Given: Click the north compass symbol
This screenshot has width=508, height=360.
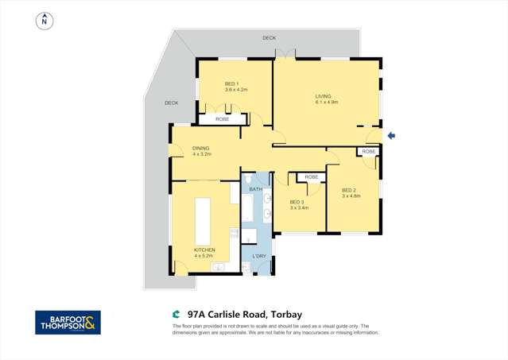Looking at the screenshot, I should click(45, 21).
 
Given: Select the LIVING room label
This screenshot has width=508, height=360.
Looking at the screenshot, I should click(323, 96).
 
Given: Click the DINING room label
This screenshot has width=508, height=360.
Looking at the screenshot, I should click(200, 148).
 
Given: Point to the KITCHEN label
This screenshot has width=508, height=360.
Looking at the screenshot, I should click(204, 250).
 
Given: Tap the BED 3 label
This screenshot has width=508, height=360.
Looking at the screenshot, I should click(297, 202).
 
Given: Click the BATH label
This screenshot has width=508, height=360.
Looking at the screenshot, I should click(255, 189).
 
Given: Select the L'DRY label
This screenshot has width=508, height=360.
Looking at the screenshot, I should click(258, 256).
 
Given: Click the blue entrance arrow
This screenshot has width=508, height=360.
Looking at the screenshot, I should click(391, 136).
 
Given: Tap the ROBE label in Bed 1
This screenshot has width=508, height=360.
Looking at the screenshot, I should click(222, 119).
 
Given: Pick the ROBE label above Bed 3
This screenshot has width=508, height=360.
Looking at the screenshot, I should click(311, 177).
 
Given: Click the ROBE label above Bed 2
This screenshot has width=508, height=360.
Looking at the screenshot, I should click(368, 151).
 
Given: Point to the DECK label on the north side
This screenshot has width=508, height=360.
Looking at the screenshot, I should click(270, 38).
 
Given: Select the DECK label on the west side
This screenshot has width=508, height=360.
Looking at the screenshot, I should click(171, 103).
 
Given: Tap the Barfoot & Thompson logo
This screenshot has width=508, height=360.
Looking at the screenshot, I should click(68, 322).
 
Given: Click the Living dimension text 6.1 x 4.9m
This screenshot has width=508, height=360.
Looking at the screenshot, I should click(327, 103).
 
